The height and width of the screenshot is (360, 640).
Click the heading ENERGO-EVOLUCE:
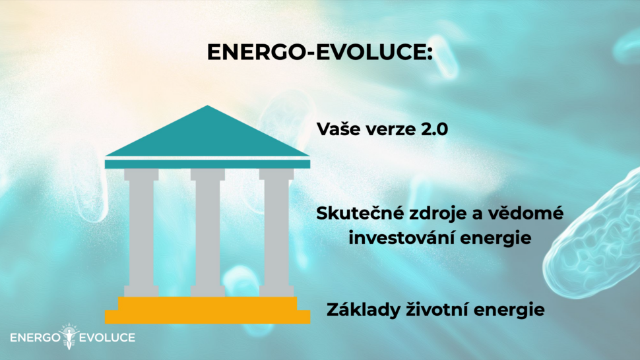click(319, 52)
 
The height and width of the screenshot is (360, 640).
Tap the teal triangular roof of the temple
click(207, 135)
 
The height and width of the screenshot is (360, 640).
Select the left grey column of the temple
click(141, 233)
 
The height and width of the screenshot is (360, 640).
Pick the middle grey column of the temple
click(208, 233)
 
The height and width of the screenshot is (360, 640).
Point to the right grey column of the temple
click(276, 233)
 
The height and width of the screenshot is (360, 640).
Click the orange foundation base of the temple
click(207, 311)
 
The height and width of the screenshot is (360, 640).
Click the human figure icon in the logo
click(69, 336)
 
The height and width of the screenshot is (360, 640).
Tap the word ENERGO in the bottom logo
click(35, 338)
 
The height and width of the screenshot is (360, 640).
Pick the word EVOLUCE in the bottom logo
click(106, 338)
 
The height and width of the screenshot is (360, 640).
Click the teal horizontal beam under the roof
click(207, 164)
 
